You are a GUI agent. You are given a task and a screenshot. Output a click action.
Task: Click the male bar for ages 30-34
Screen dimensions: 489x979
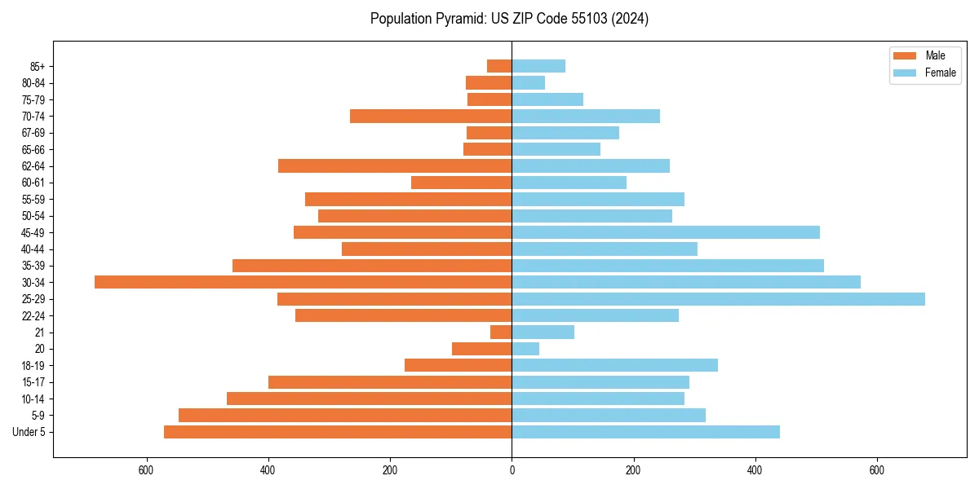pos(303,282)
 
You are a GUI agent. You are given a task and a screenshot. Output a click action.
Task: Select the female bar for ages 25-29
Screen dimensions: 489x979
pos(718,299)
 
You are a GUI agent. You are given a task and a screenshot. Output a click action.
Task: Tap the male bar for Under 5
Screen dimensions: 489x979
pos(338,432)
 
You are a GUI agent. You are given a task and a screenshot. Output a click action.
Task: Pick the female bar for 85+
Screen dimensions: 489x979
pos(538,66)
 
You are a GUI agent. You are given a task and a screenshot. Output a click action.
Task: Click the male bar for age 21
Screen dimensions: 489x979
pos(501,333)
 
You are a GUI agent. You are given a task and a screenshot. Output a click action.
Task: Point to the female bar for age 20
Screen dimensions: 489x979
pos(525,349)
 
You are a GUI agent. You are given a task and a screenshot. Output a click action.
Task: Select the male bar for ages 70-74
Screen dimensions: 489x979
pos(431,117)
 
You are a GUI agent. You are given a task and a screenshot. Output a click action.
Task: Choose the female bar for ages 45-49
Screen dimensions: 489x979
pos(666,232)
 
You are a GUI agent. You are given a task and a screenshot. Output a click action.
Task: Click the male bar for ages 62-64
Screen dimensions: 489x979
pos(395,166)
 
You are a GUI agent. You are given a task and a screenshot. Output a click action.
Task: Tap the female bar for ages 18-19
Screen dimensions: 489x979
pos(614,365)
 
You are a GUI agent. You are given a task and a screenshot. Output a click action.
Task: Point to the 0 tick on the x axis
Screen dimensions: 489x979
pos(512,470)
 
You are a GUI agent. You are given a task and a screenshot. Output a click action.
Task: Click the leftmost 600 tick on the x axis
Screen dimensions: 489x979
pos(147,470)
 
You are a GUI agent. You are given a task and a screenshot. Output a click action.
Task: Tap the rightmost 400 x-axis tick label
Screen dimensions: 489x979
pos(755,470)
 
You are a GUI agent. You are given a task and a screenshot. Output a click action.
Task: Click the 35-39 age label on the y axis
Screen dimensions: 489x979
pos(33,266)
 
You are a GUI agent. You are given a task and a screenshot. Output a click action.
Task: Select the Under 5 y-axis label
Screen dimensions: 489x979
pos(29,432)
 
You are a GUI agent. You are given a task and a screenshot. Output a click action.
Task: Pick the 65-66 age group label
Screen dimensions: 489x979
pos(33,150)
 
